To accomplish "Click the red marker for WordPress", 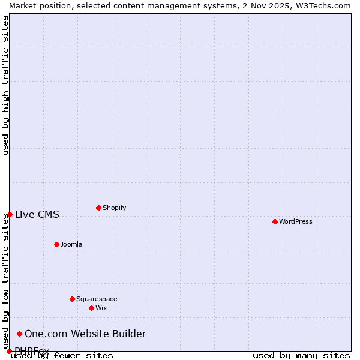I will tap(275, 221).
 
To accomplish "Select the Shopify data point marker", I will tap(98, 208).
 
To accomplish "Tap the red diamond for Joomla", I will tap(56, 244).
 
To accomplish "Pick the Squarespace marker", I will tap(72, 299).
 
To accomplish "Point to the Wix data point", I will tap(91, 308).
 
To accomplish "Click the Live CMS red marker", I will tap(10, 214).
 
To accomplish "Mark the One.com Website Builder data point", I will tap(19, 334).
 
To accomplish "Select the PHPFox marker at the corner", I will tap(9, 351).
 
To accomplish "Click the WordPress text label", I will tap(296, 221).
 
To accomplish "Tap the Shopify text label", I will tap(114, 208).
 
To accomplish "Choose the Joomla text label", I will tap(71, 244).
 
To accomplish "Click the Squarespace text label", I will tap(97, 299).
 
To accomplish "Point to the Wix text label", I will tap(101, 308).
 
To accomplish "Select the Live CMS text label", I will tap(37, 215).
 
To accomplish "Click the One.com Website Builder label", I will tap(85, 334).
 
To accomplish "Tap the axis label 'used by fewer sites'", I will tap(62, 355).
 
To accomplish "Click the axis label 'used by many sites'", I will tap(301, 355).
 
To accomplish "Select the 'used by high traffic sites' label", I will tap(6, 85).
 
